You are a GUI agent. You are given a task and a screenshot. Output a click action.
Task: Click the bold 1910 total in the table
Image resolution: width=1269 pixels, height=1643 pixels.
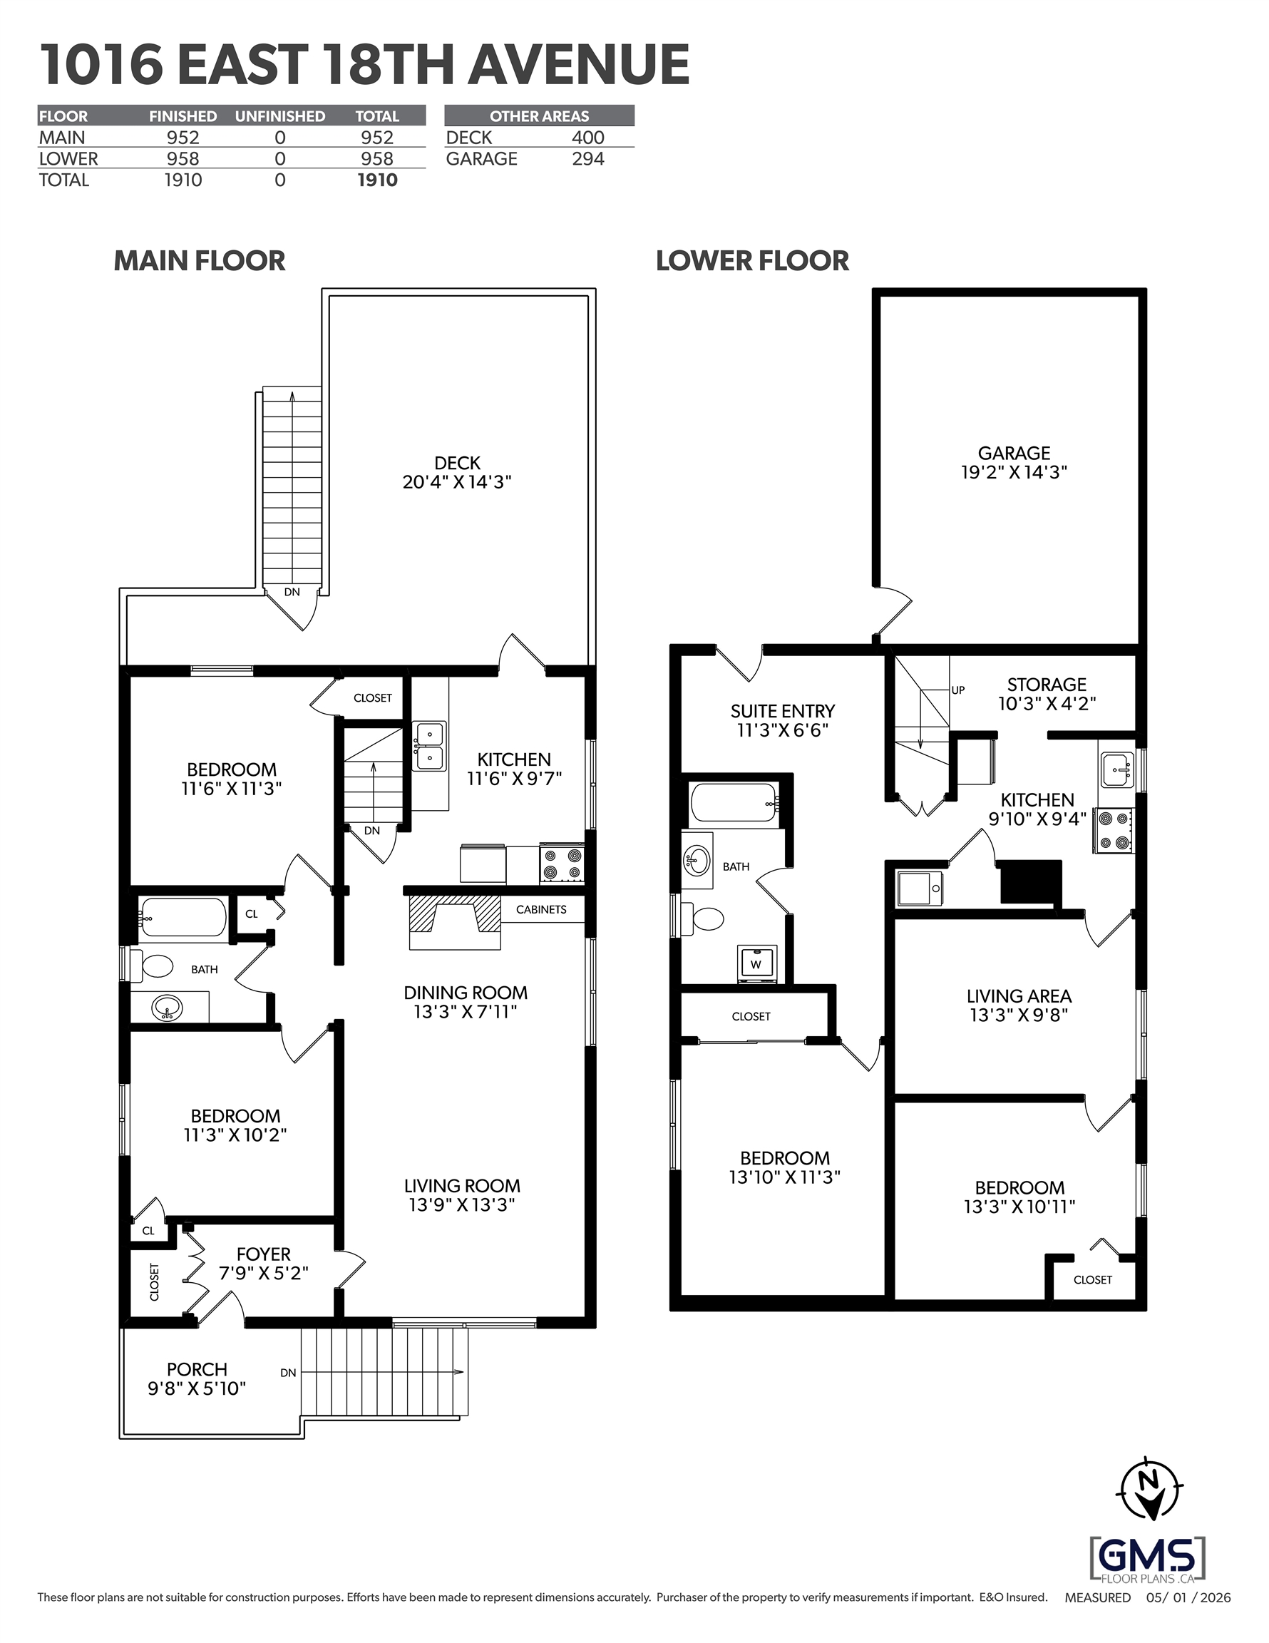click(377, 180)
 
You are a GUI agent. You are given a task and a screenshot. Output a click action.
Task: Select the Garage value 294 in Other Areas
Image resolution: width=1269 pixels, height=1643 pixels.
click(588, 159)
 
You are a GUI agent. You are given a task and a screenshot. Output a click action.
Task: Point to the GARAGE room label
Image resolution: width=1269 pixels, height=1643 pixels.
click(1014, 453)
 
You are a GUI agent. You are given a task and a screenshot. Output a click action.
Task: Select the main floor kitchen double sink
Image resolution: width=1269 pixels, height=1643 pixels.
click(428, 745)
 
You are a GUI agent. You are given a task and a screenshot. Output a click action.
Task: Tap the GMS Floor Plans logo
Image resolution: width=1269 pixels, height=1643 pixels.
click(1147, 1558)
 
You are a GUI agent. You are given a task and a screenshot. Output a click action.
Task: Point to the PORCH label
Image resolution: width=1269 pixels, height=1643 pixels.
click(197, 1369)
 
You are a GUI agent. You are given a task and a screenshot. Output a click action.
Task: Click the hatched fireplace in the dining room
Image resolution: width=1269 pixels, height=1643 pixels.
click(454, 922)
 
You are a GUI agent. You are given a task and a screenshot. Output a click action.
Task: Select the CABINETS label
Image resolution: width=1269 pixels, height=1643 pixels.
click(541, 909)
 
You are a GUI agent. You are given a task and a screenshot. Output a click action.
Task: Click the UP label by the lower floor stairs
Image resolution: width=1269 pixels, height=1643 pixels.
click(957, 690)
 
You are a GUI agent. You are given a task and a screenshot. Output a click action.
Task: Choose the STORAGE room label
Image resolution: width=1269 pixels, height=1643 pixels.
click(1047, 685)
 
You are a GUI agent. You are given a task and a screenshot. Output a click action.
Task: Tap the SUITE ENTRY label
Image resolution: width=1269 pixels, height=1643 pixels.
click(782, 711)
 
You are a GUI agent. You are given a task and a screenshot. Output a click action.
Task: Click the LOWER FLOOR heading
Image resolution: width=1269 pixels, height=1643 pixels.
click(752, 261)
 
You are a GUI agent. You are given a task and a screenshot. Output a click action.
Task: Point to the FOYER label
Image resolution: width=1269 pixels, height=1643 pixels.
click(263, 1254)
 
